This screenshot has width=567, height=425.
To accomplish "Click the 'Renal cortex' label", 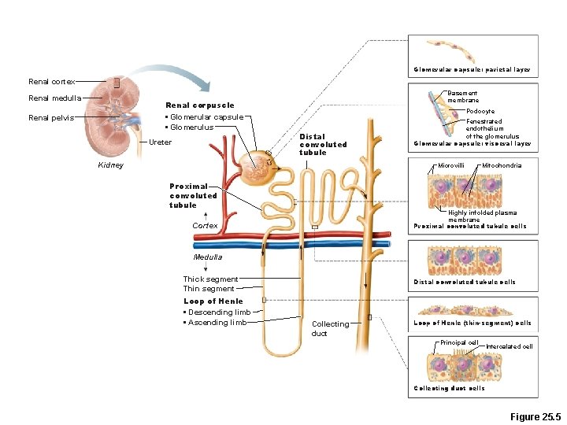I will click(52, 81).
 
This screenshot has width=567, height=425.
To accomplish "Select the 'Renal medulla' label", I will click(54, 98).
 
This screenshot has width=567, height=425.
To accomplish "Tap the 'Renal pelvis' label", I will click(51, 118).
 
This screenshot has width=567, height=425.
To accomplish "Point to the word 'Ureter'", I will click(161, 142).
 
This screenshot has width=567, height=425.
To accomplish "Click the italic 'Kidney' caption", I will click(110, 165).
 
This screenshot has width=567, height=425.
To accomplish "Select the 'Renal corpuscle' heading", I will click(199, 105).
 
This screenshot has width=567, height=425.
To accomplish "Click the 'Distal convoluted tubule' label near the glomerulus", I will click(323, 145).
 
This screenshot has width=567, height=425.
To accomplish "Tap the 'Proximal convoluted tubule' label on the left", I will click(193, 196).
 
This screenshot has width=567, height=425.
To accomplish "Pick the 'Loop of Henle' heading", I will click(213, 301).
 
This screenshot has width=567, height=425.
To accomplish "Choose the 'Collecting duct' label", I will click(330, 328).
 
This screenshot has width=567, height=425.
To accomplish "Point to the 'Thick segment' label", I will click(210, 279).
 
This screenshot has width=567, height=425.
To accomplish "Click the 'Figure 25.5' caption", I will click(535, 416).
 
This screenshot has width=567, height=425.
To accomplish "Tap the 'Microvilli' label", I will click(451, 164).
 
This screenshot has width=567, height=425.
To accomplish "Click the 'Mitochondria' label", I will click(502, 164).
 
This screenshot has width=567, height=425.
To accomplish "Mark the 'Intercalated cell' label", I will click(509, 346).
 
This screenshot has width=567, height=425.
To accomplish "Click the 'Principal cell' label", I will click(459, 342).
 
